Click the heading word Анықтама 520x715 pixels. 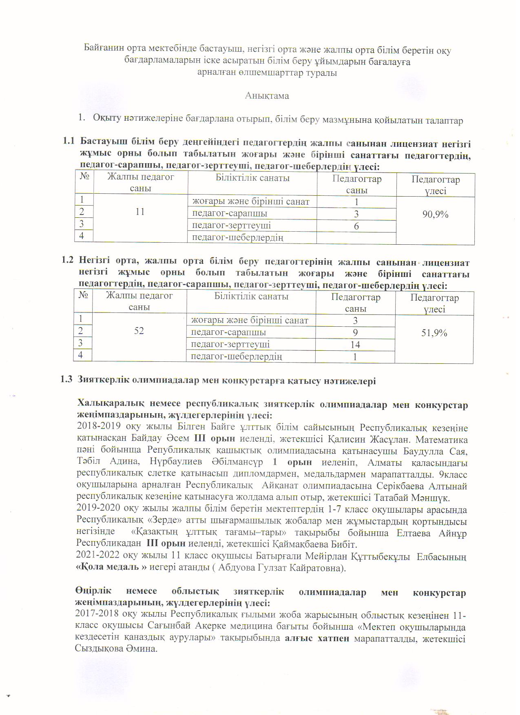point(267,96)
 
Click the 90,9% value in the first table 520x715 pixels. point(435,214)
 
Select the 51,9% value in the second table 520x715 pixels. point(434,333)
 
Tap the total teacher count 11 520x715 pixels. point(140,212)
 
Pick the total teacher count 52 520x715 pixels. point(139,330)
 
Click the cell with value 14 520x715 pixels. point(355,345)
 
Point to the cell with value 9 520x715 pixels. point(356,332)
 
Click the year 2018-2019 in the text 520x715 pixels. point(97,428)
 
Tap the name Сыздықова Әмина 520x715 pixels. point(116,649)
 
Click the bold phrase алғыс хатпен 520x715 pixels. point(317,638)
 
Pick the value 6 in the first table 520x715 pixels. point(356,226)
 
